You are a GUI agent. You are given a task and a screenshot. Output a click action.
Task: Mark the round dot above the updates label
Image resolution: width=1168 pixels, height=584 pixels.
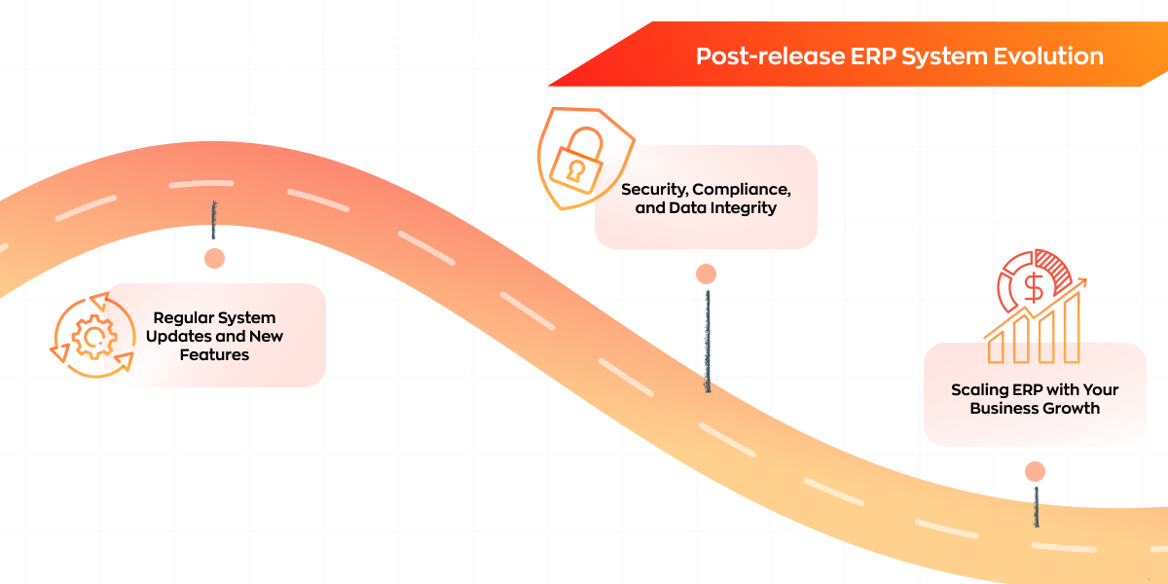pos(214,258)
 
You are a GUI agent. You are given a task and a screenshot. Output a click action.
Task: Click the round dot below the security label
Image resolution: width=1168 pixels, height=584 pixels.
pos(706,274)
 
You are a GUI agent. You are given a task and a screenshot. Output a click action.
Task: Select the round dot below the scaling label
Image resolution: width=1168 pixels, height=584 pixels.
pos(1035,472)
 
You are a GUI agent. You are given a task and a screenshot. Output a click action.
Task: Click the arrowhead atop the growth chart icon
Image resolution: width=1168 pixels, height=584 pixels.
pos(1080,283)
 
